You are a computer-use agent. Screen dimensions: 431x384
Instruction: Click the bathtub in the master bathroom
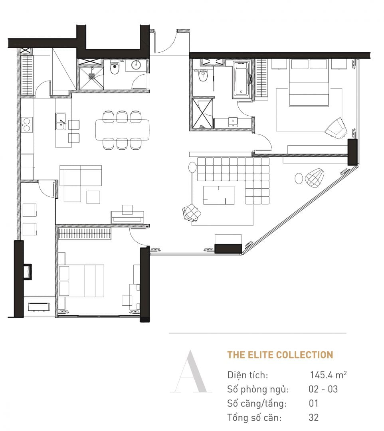242,80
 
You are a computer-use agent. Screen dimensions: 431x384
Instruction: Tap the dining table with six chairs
123,130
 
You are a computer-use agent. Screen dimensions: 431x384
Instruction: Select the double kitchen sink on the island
61,120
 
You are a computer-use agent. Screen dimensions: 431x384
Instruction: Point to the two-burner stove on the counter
27,124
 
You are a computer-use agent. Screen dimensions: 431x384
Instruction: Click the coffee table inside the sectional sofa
219,195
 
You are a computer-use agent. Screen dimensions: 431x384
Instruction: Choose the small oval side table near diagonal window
299,178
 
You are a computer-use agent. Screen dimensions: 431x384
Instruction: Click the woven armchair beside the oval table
315,177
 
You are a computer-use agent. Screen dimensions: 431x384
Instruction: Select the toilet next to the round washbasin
115,69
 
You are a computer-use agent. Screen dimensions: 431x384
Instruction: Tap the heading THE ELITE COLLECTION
280,355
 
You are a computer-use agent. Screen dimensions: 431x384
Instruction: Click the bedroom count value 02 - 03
323,389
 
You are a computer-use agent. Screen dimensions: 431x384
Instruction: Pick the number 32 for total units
313,417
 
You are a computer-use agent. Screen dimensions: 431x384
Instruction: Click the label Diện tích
247,376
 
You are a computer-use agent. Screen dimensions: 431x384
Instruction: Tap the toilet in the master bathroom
203,75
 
